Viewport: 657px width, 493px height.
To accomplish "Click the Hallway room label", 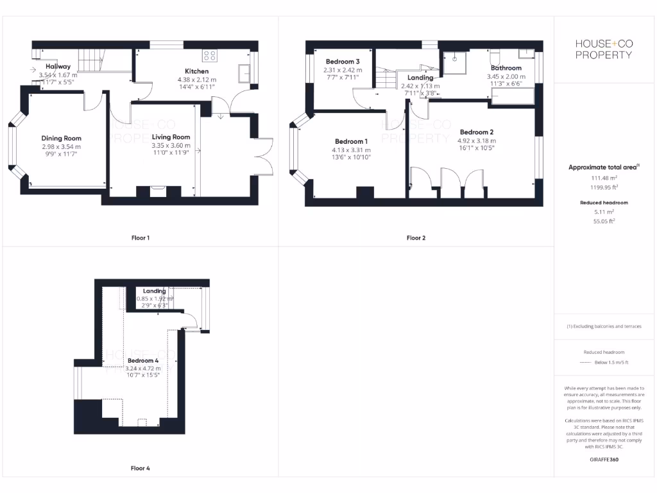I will (58, 67).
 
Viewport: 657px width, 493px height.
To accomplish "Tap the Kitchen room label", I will (196, 71).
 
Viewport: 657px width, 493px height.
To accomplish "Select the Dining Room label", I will (62, 139).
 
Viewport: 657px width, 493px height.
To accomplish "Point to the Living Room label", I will (171, 137).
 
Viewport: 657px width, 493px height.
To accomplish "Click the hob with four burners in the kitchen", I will (210, 55).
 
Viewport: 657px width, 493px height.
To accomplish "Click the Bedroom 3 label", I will (342, 62).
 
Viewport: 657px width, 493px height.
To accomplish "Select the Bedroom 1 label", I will (352, 142).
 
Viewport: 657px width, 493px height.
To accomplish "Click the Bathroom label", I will (506, 68).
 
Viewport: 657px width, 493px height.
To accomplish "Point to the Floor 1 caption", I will (140, 238).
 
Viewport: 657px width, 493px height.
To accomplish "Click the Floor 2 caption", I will (416, 238).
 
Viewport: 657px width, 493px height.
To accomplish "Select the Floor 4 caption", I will (140, 469).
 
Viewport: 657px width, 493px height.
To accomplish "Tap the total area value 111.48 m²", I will (604, 178).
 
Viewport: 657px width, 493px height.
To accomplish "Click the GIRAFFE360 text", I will (604, 460).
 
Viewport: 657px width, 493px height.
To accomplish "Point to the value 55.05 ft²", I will (604, 221).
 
